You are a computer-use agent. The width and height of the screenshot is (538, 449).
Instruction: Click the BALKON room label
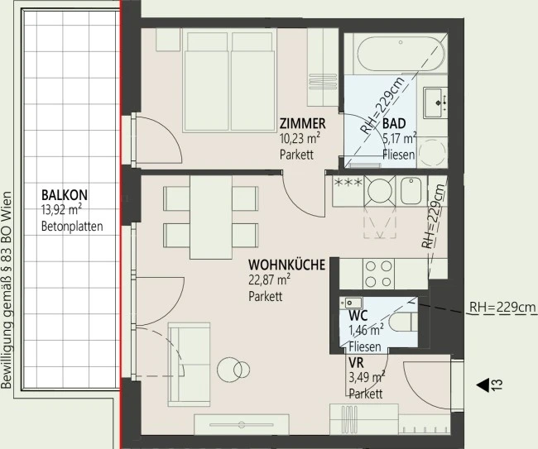click(65, 195)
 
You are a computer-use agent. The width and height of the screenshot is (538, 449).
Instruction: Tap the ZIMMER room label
click(303, 123)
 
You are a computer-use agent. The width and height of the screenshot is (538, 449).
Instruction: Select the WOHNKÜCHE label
click(286, 265)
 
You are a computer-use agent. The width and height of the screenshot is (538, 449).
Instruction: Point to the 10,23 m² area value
click(300, 139)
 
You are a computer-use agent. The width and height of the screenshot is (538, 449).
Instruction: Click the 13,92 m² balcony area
click(62, 210)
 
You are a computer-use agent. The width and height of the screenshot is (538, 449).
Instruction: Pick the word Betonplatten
click(72, 227)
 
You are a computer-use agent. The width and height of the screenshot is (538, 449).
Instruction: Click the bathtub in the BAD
click(401, 54)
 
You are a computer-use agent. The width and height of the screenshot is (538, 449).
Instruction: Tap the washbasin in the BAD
click(435, 103)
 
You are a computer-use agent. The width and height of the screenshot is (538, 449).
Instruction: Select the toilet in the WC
click(403, 322)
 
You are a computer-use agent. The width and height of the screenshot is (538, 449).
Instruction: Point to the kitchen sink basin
click(411, 190)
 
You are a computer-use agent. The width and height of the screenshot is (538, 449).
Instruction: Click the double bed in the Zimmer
click(230, 82)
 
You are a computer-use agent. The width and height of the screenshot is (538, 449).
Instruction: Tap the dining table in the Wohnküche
click(211, 217)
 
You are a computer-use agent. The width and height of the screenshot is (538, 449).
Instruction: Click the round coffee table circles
click(233, 370)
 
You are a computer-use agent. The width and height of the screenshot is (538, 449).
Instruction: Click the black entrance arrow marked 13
click(483, 385)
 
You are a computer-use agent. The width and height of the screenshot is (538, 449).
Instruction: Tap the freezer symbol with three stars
click(348, 183)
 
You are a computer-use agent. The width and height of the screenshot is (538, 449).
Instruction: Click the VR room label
click(356, 363)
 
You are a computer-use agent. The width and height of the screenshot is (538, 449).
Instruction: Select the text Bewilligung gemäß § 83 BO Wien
click(7, 289)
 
